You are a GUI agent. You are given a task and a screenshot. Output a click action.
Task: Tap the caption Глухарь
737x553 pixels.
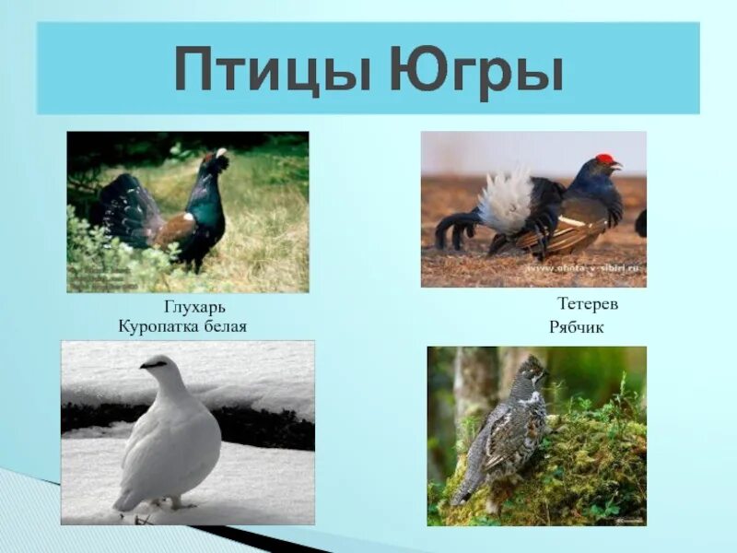click(194, 307)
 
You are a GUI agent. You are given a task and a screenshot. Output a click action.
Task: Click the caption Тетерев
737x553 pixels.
click(587, 303)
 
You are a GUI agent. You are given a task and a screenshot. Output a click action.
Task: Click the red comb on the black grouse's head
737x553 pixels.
click(604, 159)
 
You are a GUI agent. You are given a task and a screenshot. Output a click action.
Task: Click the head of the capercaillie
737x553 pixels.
click(217, 160)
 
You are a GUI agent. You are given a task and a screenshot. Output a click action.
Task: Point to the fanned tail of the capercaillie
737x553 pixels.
click(125, 208)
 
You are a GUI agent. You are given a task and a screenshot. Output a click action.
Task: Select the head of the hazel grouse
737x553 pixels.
click(532, 370)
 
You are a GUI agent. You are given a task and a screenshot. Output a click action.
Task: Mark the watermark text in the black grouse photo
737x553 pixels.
click(586, 268)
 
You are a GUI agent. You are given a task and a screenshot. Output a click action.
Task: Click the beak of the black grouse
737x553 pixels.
click(619, 167)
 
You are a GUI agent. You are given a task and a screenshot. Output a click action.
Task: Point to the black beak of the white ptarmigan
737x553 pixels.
click(143, 366)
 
